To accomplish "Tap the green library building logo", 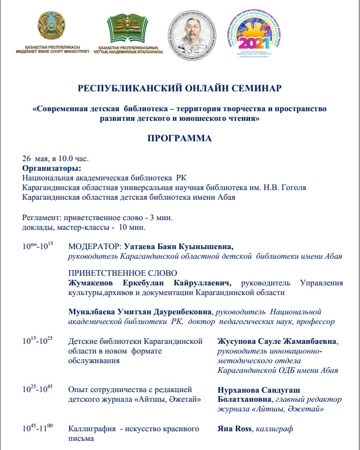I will pyautogui.click(x=130, y=28).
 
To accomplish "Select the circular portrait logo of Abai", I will pyautogui.click(x=193, y=33).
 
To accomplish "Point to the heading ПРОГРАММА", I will pyautogui.click(x=180, y=138).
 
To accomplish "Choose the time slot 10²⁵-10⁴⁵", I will pyautogui.click(x=37, y=389).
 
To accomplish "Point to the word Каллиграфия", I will pyautogui.click(x=92, y=430).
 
